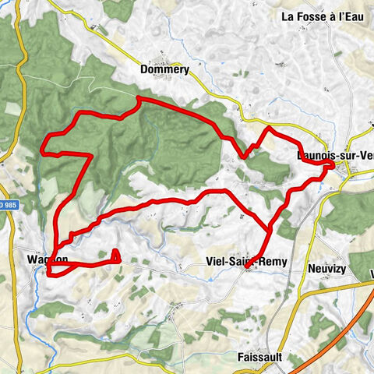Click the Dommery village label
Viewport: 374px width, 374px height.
click(164, 69)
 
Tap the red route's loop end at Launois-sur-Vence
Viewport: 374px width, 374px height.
click(331, 164)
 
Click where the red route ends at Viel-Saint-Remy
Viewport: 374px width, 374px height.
click(246, 269)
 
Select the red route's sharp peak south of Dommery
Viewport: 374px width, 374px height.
click(138, 98)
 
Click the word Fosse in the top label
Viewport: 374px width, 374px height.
click(313, 16)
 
